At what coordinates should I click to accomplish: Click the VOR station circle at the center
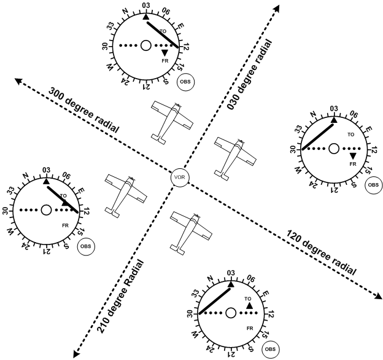[x=180, y=178]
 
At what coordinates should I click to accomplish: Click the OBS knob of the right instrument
[x=373, y=185]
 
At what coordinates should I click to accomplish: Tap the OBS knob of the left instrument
[x=85, y=247]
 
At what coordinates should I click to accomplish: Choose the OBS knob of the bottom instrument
[x=269, y=349]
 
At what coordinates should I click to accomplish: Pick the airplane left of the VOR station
[x=125, y=194]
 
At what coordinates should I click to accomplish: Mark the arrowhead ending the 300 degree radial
[x=19, y=80]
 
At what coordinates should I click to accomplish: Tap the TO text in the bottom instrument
[x=248, y=299]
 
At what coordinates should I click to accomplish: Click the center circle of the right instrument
[x=333, y=148]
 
